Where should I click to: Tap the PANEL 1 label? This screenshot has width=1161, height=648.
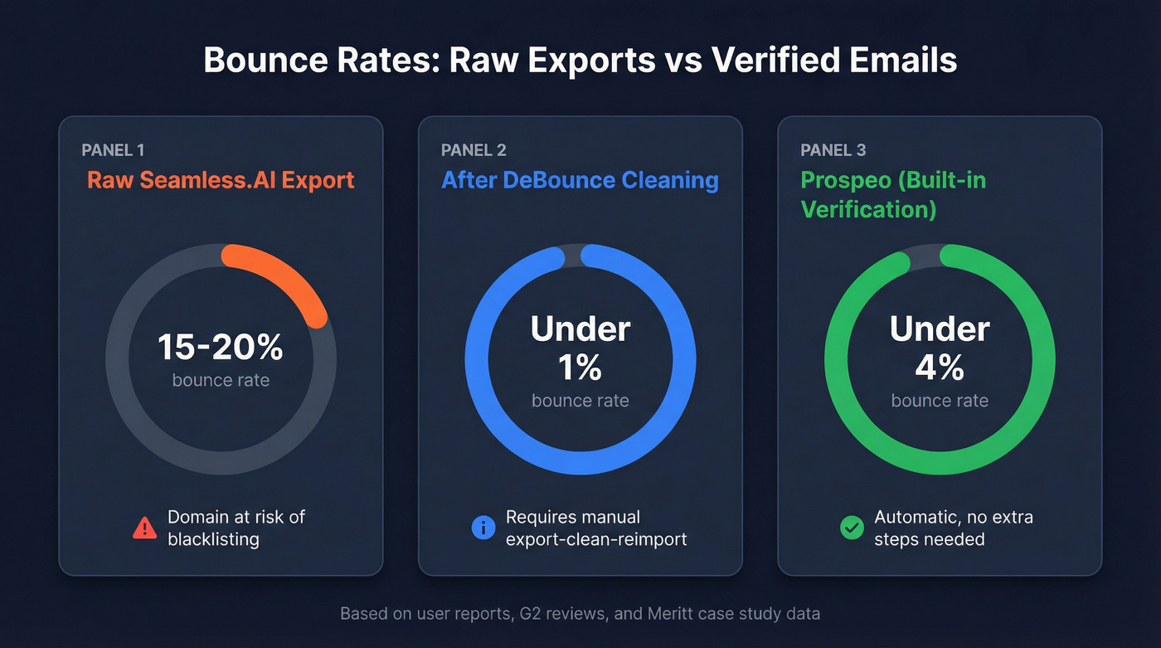tap(113, 150)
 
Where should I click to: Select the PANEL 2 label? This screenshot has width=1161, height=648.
tap(474, 150)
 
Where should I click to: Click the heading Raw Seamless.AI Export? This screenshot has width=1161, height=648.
tap(221, 180)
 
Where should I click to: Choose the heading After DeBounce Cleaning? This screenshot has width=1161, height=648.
tap(580, 180)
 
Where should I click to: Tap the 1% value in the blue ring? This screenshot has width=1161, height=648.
tap(580, 366)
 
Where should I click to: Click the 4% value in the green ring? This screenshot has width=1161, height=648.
tap(940, 366)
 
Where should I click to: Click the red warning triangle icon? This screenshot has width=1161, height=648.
tap(144, 528)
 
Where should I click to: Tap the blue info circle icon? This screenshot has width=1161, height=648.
tap(483, 528)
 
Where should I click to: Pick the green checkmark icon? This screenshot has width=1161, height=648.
tap(852, 528)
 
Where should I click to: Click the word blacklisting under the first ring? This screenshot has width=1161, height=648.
tap(213, 539)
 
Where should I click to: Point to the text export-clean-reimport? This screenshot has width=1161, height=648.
tap(596, 539)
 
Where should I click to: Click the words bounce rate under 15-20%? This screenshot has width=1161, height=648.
tap(221, 381)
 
